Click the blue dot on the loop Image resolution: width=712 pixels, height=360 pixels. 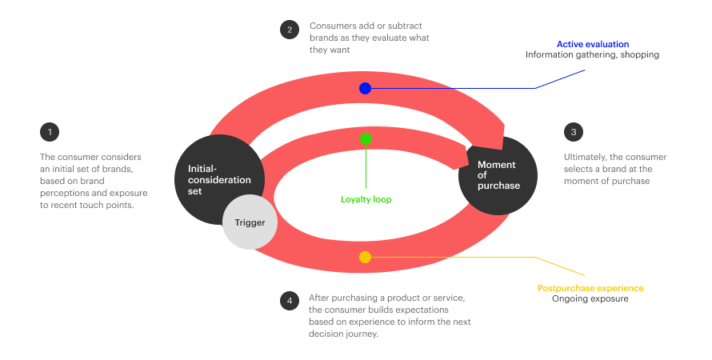[x=365, y=88]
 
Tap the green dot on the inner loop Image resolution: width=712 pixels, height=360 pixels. [x=366, y=138]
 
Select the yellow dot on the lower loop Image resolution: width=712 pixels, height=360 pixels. [x=365, y=257]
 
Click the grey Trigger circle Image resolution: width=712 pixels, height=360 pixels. [x=250, y=222]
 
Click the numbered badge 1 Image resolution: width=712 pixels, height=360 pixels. [x=49, y=131]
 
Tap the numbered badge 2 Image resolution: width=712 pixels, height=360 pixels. [x=289, y=30]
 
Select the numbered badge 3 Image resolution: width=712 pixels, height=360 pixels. [x=573, y=131]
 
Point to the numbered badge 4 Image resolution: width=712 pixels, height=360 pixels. [x=289, y=301]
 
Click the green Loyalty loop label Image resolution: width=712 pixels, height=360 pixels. [x=366, y=199]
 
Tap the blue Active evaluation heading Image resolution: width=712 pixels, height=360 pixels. [x=593, y=44]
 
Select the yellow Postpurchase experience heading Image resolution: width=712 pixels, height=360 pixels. [x=590, y=288]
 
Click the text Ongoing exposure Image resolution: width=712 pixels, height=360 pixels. [x=590, y=299]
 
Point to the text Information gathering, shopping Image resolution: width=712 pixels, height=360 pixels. [x=592, y=55]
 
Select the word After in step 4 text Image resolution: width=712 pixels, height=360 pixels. [x=319, y=298]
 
